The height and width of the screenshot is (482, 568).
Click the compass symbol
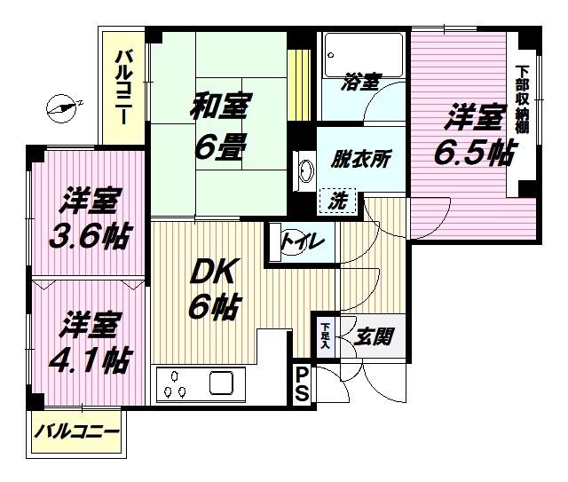[61, 108]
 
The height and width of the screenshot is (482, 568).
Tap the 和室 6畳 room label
[219, 126]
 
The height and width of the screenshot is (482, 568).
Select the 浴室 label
[362, 81]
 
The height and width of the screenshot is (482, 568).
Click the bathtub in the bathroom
[363, 54]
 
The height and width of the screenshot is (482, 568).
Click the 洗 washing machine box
[338, 201]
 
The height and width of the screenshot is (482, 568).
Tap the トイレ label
[304, 241]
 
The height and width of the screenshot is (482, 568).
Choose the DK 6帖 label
[215, 288]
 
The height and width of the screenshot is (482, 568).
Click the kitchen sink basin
[221, 383]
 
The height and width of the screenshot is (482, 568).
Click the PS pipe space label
[302, 384]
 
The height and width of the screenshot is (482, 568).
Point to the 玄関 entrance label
[373, 337]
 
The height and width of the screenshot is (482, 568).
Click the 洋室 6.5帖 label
[474, 134]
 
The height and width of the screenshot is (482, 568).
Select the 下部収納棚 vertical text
[523, 99]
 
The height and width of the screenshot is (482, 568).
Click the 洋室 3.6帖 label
[90, 218]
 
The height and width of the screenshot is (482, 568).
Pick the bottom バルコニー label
[77, 432]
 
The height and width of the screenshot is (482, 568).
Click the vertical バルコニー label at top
[123, 88]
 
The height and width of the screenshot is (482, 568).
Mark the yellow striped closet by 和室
[299, 85]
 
